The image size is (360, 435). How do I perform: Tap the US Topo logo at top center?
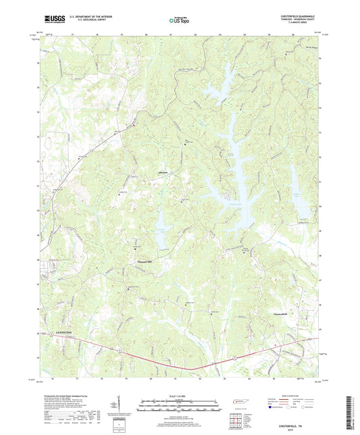pos(179,21)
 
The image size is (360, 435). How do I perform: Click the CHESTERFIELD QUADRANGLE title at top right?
pos(293,16)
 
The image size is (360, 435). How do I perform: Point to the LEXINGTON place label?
pos(61,334)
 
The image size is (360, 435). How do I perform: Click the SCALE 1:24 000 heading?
pos(180,396)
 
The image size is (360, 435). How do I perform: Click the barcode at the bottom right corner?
pos(349,412)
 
